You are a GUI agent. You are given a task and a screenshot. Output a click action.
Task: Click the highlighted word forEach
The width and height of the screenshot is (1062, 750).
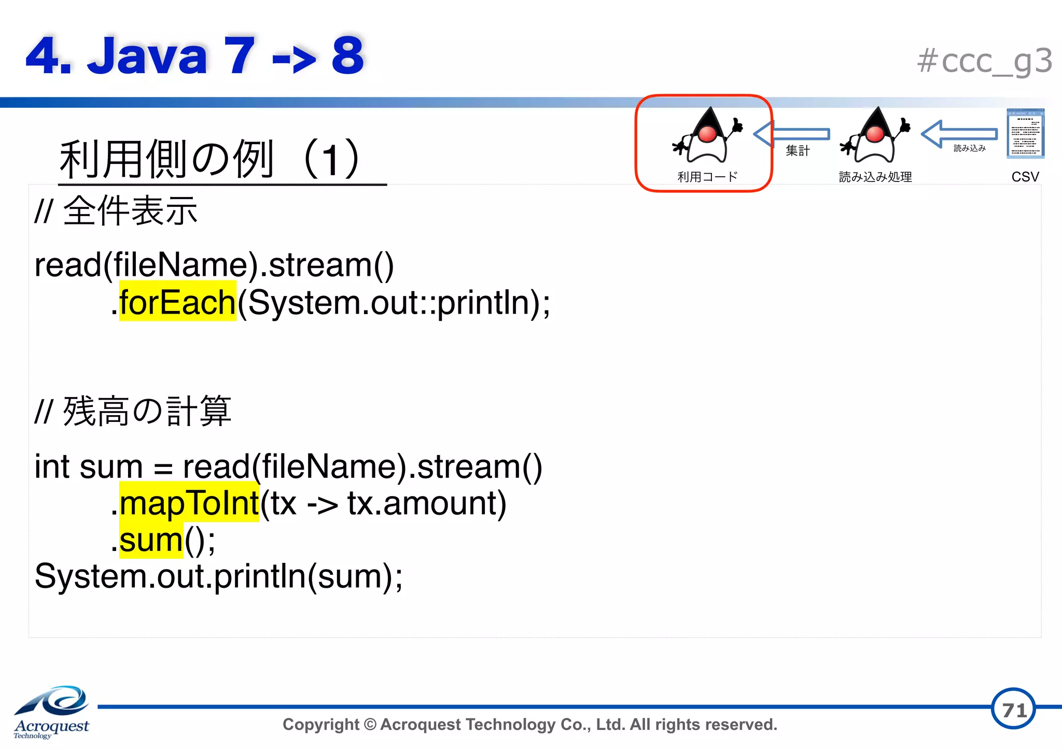coord(177,302)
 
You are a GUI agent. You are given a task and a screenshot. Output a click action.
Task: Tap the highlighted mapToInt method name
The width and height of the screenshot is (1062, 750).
coord(189,503)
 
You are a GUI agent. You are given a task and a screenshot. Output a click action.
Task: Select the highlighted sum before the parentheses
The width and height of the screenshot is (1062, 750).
coord(151,540)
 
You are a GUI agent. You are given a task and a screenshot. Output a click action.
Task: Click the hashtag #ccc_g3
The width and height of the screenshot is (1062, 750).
coord(984,61)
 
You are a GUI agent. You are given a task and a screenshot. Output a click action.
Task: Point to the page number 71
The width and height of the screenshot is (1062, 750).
coord(1013,710)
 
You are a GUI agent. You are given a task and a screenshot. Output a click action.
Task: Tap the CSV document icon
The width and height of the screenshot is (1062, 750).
coord(1025,133)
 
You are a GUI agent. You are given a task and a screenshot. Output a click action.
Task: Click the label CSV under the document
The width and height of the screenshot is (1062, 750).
coord(1025,177)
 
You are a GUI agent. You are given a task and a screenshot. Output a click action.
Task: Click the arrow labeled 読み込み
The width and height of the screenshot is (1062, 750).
coord(959,134)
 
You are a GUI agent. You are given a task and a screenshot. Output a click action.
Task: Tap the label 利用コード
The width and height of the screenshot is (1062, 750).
coord(707,177)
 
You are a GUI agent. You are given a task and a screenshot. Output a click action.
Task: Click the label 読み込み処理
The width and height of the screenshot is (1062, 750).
coord(875,177)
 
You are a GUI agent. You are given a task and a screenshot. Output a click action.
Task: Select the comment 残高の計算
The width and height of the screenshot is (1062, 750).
coord(147,411)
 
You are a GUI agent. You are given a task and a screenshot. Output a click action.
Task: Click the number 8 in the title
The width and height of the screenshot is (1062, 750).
coord(347,55)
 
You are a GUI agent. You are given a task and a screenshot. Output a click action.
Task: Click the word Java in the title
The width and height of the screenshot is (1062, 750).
coord(147,55)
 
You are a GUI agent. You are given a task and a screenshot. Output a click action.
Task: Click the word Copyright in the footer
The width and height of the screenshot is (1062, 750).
coord(320,724)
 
